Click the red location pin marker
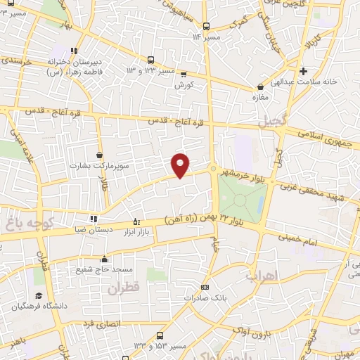[181, 165]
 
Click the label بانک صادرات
[204, 298]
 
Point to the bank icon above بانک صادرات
[204, 287]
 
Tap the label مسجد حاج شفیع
[104, 270]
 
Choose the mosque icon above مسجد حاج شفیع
[104, 259]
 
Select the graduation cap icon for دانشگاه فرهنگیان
[38, 295]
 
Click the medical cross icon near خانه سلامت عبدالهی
[303, 71]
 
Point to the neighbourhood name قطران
[124, 288]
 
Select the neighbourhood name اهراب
[261, 275]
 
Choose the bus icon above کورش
[184, 73]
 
